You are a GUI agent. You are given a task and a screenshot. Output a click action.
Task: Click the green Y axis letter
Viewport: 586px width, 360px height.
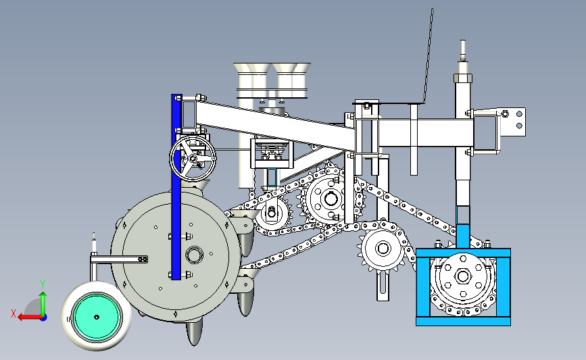[43, 284]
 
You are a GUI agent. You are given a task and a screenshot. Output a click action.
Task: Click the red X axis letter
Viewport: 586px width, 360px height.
[14, 313]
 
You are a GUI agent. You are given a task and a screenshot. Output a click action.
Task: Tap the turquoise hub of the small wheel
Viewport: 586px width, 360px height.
[97, 317]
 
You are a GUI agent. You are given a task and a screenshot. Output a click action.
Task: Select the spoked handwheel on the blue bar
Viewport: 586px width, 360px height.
[193, 159]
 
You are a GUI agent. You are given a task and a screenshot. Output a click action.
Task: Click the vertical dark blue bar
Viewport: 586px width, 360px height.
[176, 186]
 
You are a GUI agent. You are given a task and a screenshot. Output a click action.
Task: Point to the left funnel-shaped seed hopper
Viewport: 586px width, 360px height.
[252, 80]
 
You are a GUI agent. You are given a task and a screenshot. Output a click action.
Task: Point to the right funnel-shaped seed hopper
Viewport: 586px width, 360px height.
[291, 80]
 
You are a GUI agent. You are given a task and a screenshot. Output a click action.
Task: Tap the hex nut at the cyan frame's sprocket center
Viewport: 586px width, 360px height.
[463, 277]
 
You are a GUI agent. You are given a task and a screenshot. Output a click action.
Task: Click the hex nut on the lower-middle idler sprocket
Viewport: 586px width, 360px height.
[383, 249]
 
